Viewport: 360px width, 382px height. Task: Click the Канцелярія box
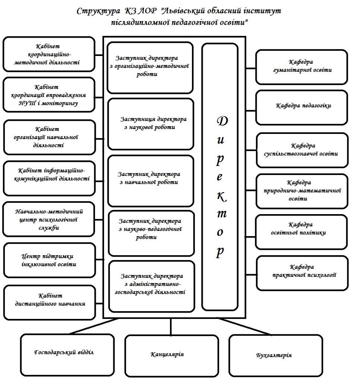tap(171, 356)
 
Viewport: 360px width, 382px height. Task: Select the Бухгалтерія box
tap(276, 356)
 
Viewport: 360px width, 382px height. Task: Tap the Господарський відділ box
tap(67, 355)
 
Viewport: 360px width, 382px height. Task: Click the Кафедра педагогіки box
tap(301, 107)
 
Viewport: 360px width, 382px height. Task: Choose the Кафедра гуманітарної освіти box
tap(301, 67)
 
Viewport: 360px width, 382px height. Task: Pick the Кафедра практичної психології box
tap(302, 273)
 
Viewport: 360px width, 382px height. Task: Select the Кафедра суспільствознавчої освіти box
tap(302, 150)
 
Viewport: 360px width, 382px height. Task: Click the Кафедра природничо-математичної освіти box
tap(302, 191)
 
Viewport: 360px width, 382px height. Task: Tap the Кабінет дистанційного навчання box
tap(50, 302)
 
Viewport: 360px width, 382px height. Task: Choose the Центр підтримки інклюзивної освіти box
tap(50, 260)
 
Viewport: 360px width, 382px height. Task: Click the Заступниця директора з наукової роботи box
tap(151, 124)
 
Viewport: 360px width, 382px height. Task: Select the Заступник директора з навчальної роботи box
tap(151, 181)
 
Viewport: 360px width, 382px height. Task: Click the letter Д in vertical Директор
tap(222, 121)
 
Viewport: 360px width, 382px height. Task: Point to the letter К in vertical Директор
tap(221, 197)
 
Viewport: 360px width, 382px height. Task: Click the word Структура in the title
tap(98, 11)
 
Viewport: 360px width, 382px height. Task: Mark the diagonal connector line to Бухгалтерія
tap(244, 326)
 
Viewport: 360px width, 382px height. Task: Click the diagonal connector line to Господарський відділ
tap(94, 326)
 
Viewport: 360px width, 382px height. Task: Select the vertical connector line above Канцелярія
tap(171, 327)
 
